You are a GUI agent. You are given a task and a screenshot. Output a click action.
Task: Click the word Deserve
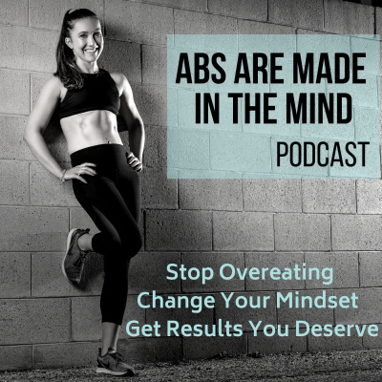338,330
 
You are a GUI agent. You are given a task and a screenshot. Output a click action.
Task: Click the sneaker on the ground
114,362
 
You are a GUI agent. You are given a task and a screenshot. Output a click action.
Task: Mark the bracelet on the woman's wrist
62,175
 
